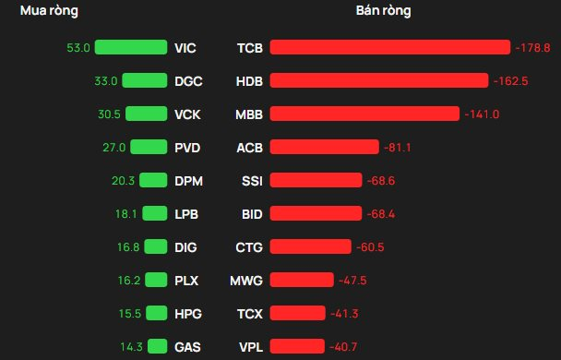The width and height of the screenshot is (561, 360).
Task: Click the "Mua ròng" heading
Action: pyautogui.click(x=49, y=11)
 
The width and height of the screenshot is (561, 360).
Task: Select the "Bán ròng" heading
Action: pyautogui.click(x=383, y=11)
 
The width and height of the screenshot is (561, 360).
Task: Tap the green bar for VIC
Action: pyautogui.click(x=131, y=47)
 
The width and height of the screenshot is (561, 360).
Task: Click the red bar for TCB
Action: pyautogui.click(x=390, y=47)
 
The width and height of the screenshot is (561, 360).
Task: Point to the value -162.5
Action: pyautogui.click(x=510, y=81)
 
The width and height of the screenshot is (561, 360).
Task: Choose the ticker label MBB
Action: pyautogui.click(x=249, y=114)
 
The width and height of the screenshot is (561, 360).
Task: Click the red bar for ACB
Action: pyautogui.click(x=325, y=147)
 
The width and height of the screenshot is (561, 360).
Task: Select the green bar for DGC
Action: pyautogui.click(x=145, y=80)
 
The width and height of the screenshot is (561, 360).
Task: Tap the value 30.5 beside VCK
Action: pyautogui.click(x=109, y=114)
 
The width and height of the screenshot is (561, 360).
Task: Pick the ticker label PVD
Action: pyautogui.click(x=187, y=148)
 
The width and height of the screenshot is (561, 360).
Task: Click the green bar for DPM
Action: pyautogui.click(x=153, y=180)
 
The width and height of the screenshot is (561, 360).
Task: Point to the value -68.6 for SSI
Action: pyautogui.click(x=381, y=181)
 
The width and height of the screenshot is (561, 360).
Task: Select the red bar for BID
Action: pyautogui.click(x=316, y=213)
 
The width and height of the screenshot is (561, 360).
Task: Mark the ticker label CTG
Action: pyautogui.click(x=249, y=247)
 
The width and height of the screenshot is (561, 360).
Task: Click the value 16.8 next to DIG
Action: pyautogui.click(x=128, y=246)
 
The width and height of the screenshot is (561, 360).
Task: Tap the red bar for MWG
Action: pyautogui.click(x=302, y=280)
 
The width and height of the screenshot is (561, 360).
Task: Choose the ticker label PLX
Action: pyautogui.click(x=186, y=281)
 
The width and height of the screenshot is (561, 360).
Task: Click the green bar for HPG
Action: pyautogui.click(x=157, y=313)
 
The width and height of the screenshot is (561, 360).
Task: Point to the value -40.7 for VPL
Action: pyautogui.click(x=343, y=347)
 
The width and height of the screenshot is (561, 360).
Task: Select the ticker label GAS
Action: pyautogui.click(x=187, y=347)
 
